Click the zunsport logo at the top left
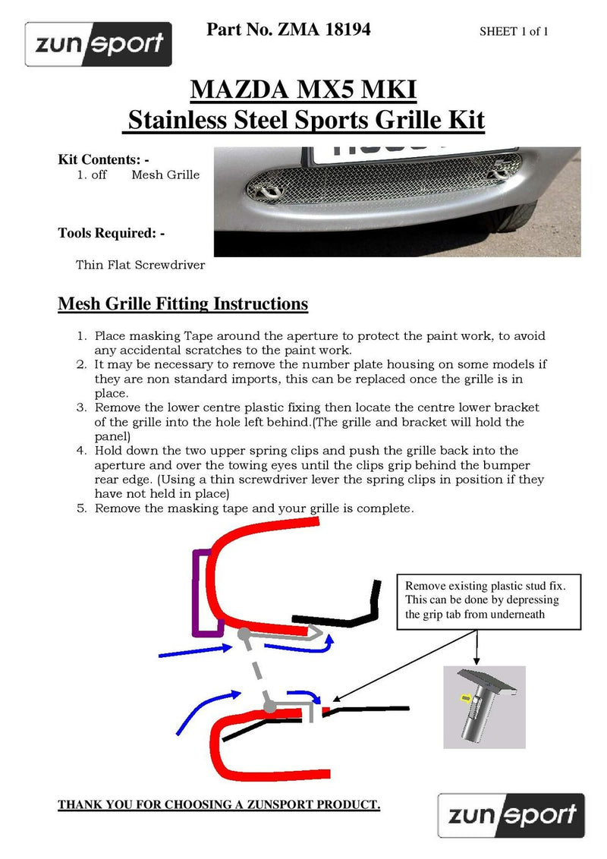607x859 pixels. tap(99, 44)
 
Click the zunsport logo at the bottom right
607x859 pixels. tap(511, 815)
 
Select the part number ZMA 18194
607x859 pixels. tap(288, 30)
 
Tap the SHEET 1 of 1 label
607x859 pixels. tap(514, 32)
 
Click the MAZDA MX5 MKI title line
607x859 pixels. tap(303, 90)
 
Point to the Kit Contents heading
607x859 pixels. tap(103, 159)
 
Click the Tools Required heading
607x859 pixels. tap(112, 233)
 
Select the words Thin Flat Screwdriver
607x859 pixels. tap(140, 266)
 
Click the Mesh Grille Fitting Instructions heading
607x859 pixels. tap(183, 304)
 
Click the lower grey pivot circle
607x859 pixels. tap(269, 706)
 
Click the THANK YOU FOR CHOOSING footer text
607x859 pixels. tap(219, 804)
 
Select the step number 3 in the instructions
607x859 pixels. tap(83, 407)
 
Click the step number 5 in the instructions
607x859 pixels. tap(83, 508)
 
